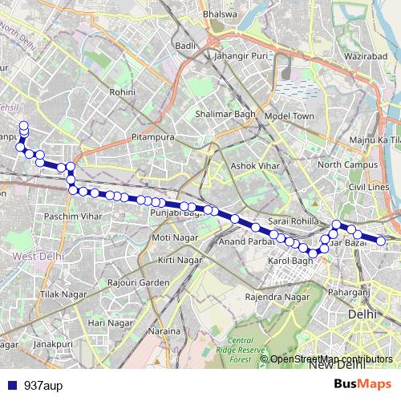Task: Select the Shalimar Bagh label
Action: click(225, 115)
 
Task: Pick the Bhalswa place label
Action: click(220, 14)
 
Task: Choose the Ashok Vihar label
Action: click(253, 166)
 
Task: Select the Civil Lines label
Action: click(369, 187)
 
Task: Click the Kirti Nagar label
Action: click(178, 261)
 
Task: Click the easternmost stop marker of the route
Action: click(382, 241)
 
